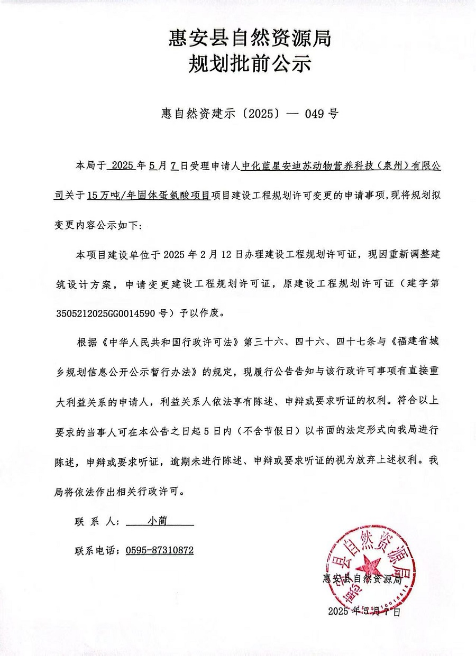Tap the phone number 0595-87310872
point(160,550)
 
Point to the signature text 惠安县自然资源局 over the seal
point(362,579)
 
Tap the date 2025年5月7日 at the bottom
point(364,612)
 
